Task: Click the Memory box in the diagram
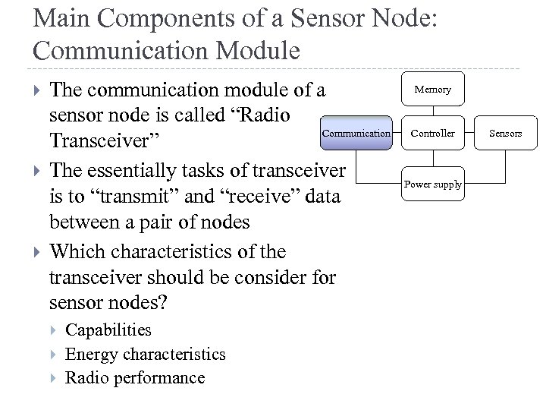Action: click(x=432, y=90)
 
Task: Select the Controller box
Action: click(x=432, y=133)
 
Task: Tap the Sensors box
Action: click(x=505, y=133)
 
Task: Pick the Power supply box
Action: click(x=432, y=184)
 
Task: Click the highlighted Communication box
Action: click(x=356, y=133)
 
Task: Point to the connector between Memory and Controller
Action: click(x=432, y=111)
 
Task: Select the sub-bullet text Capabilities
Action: click(x=108, y=330)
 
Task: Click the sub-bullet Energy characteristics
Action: click(x=146, y=354)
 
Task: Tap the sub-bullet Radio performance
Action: click(x=135, y=378)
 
